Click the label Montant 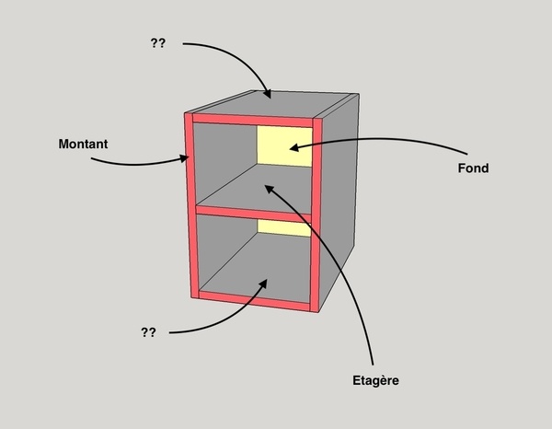[83, 145]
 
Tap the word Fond [472, 168]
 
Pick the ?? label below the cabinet [148, 332]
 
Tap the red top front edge [253, 121]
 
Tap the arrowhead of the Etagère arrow [269, 188]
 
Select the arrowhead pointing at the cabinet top [267, 94]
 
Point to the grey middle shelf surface [248, 193]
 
